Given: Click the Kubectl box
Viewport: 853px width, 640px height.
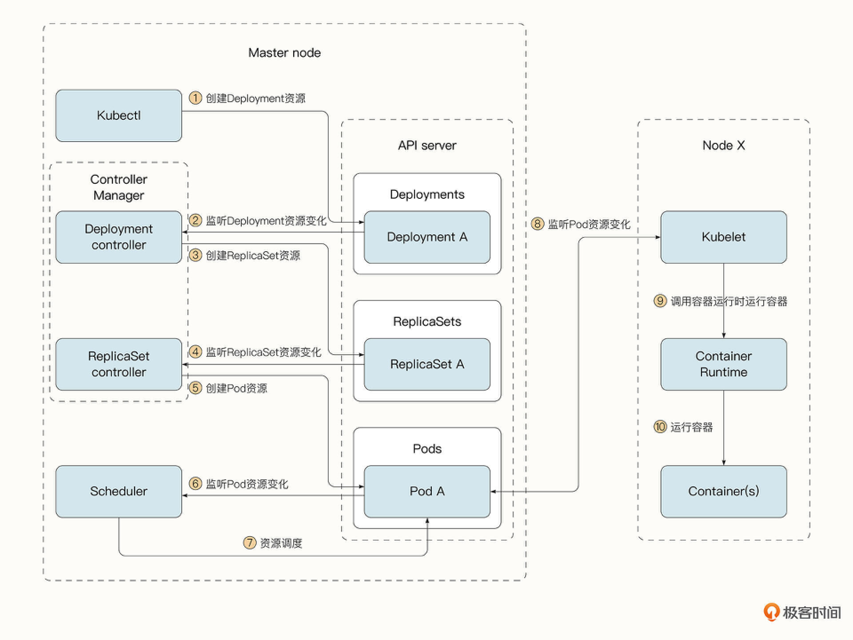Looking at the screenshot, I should click(119, 115).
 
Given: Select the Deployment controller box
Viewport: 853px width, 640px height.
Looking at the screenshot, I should click(119, 237).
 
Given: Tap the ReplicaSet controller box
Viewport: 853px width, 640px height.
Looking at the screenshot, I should click(119, 364).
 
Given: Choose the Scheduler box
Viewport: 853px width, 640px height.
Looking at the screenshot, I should click(119, 491).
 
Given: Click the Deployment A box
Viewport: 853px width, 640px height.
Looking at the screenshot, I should click(427, 237).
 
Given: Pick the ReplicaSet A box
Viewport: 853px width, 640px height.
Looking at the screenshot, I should click(427, 364).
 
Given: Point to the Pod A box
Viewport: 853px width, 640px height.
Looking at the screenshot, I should click(427, 491).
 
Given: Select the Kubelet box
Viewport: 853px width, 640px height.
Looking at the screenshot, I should click(723, 237).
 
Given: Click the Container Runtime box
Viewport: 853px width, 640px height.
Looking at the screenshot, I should click(723, 364).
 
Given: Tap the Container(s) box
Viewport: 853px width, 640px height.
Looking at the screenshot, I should click(723, 491).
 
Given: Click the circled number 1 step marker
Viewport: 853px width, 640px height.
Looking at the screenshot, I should click(195, 98).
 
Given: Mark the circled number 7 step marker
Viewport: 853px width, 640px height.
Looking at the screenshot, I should click(250, 542).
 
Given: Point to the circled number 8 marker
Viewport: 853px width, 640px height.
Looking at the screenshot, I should click(538, 224).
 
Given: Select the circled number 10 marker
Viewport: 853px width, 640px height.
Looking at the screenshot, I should click(660, 427).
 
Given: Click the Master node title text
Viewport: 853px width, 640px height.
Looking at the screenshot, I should click(284, 53).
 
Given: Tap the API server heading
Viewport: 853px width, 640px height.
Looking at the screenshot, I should click(427, 146).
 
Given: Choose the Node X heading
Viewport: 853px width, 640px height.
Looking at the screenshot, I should click(723, 146).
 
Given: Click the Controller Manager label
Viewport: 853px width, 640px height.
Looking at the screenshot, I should click(119, 187).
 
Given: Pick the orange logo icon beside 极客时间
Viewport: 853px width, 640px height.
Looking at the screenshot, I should click(771, 612).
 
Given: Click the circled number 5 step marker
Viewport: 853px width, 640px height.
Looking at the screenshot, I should click(195, 388).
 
